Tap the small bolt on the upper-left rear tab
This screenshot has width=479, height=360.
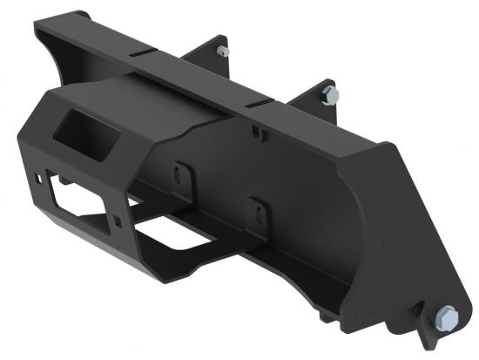(223, 51)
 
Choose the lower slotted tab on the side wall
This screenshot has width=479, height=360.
(255, 210)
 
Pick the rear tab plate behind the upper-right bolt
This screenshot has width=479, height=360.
(317, 96)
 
